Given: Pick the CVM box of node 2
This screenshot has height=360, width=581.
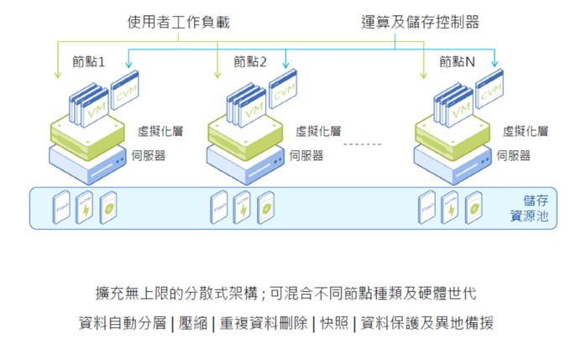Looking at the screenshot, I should (284, 91).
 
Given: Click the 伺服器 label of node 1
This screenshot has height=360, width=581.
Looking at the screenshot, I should (155, 155).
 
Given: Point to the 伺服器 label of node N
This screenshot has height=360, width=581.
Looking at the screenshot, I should (513, 155).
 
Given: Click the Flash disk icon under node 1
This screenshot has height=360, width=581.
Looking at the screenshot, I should (61, 207).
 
